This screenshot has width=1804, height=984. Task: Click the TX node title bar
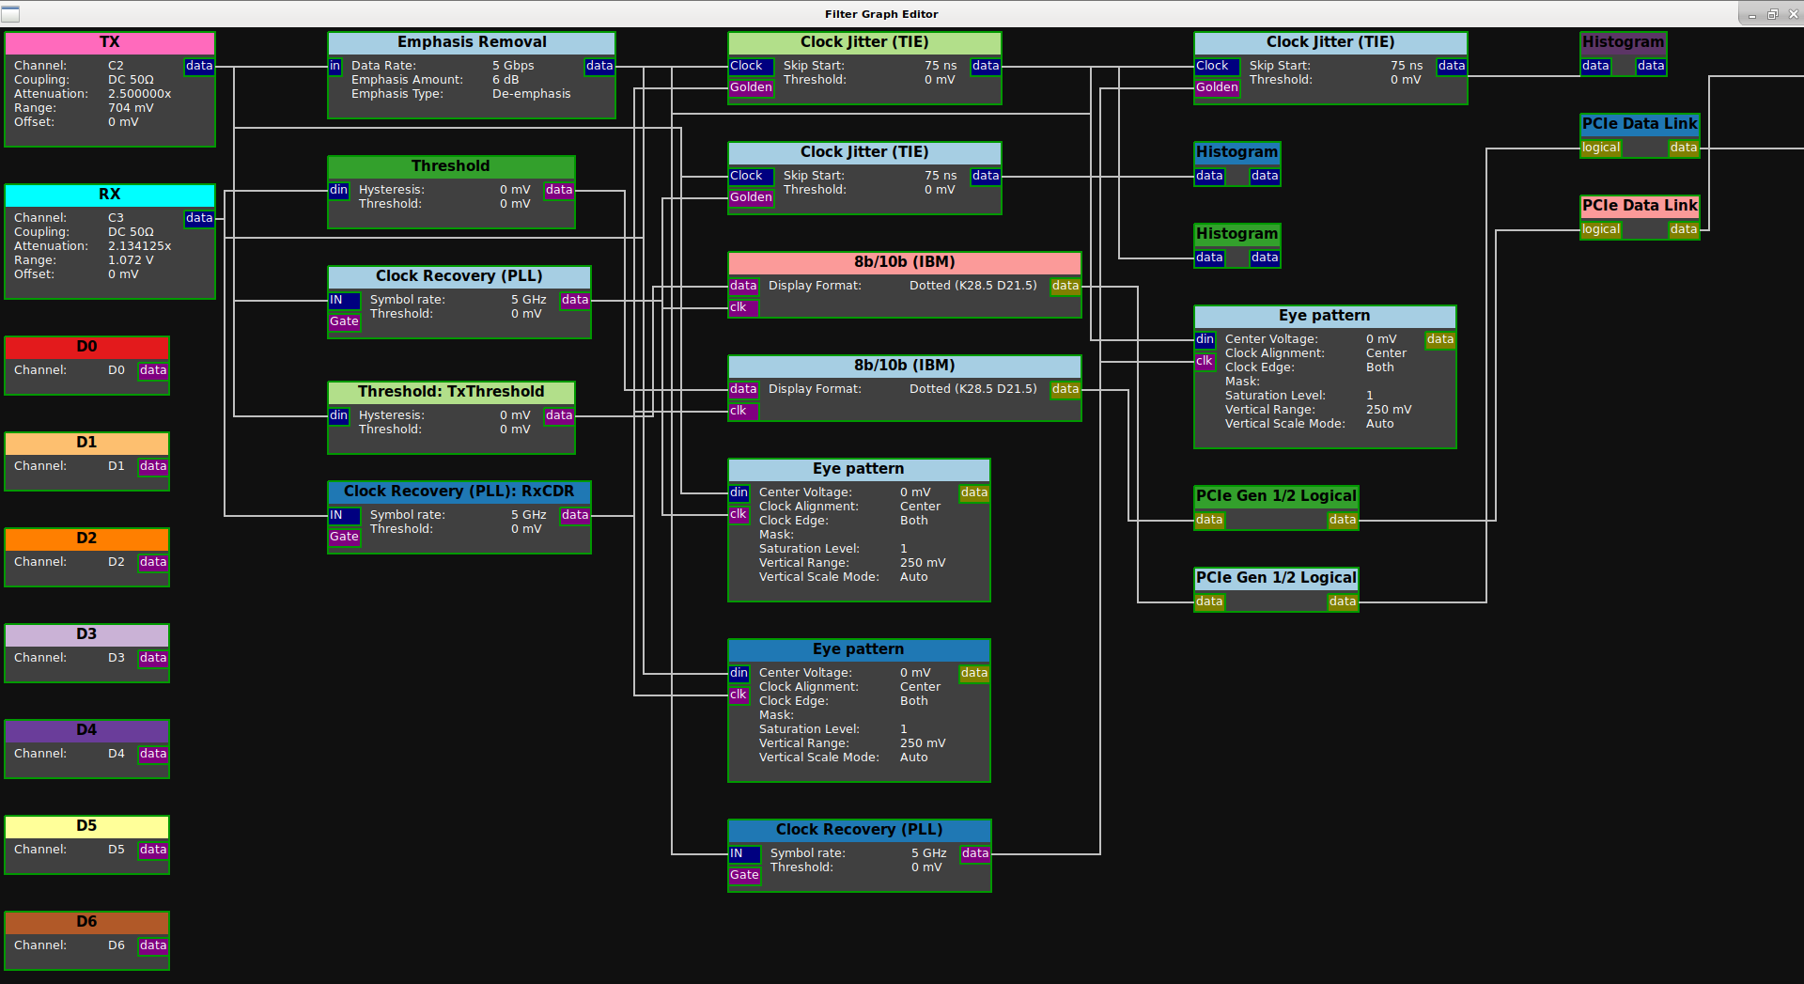coord(110,43)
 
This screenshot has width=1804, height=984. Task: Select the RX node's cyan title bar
coord(110,195)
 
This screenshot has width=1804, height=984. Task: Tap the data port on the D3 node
coord(153,658)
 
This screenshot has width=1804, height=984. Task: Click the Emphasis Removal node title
coord(472,42)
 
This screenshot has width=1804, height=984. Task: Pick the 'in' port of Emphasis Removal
coord(335,66)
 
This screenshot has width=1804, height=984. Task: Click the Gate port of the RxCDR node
coord(344,537)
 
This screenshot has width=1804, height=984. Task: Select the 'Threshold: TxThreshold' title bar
coord(451,392)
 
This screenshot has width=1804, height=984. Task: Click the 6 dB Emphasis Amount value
coord(505,80)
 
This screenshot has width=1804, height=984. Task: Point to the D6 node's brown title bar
coord(87,922)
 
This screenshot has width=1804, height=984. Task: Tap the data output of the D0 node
coord(153,370)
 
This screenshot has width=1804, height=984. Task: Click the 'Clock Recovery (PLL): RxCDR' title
coord(459,492)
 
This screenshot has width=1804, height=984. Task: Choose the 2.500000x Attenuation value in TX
coord(140,94)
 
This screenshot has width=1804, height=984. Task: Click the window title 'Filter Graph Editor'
coord(881,14)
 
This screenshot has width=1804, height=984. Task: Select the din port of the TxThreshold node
coord(338,415)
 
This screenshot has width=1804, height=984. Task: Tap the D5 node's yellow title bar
coord(87,826)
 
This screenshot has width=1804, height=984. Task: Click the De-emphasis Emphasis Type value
coord(532,94)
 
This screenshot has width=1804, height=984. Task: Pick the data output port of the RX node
coord(199,218)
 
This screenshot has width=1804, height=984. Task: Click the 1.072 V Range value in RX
coord(131,260)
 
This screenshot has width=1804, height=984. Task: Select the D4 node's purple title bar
coord(87,730)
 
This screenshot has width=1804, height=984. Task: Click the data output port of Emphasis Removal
coord(599,66)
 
